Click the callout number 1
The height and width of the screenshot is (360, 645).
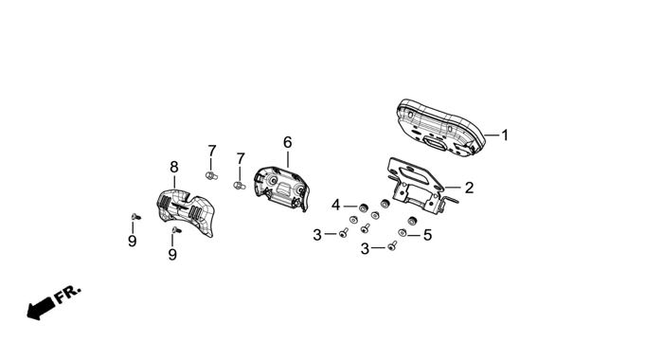coord(505,135)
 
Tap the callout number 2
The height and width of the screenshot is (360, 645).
coord(470,188)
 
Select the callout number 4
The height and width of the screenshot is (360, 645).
coord(336,205)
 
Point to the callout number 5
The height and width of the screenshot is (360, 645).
coord(427,235)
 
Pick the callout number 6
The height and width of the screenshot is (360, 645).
coord(288,142)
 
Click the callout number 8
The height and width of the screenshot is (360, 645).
coord(174,167)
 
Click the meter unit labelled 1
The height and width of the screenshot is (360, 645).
coord(441,128)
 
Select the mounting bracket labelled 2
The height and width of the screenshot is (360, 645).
coord(420,185)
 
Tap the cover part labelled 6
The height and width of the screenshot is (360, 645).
coord(281,189)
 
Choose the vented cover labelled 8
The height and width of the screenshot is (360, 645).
coord(186,212)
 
